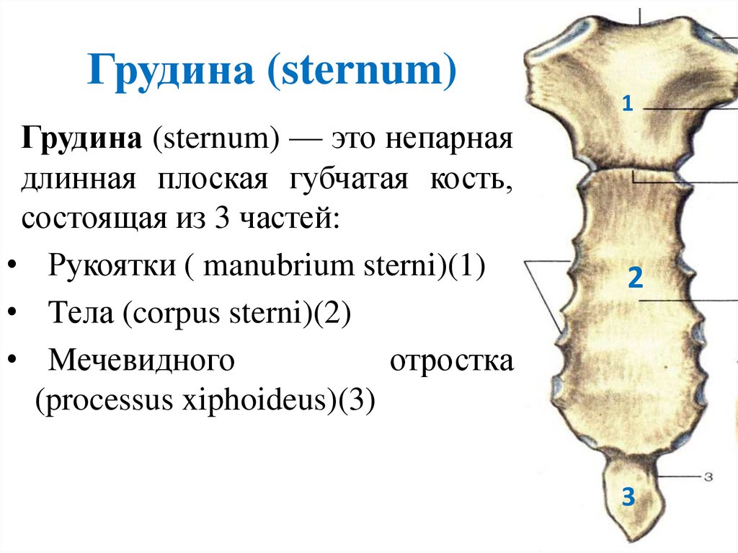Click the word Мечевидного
142,360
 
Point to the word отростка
452,360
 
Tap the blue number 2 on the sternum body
634,278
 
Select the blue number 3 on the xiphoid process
628,497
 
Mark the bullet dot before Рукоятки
14,267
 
